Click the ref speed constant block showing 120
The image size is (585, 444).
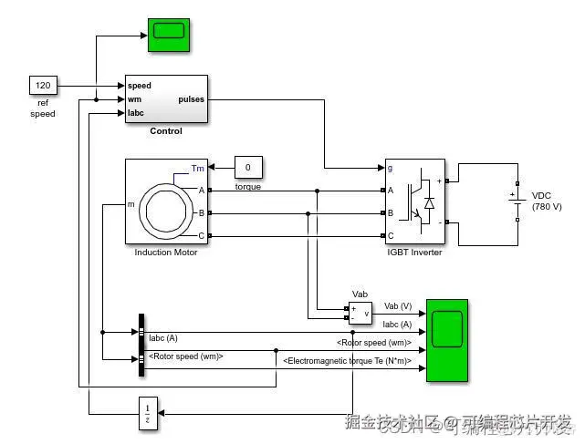click(x=43, y=86)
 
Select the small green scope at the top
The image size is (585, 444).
click(x=167, y=31)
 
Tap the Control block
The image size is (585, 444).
click(x=165, y=98)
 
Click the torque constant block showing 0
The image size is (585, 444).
click(x=248, y=168)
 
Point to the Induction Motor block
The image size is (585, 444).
click(x=166, y=201)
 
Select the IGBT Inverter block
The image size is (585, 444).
click(x=414, y=201)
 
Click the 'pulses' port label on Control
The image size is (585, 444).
click(x=192, y=99)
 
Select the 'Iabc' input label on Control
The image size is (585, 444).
click(x=136, y=113)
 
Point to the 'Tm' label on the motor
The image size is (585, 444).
click(x=198, y=169)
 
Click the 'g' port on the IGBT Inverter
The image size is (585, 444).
click(x=392, y=168)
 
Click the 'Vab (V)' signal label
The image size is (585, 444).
click(x=398, y=306)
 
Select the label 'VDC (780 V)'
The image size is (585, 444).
click(x=547, y=201)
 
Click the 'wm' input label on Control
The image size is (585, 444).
click(x=134, y=99)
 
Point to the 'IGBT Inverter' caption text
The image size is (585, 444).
click(x=414, y=253)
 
